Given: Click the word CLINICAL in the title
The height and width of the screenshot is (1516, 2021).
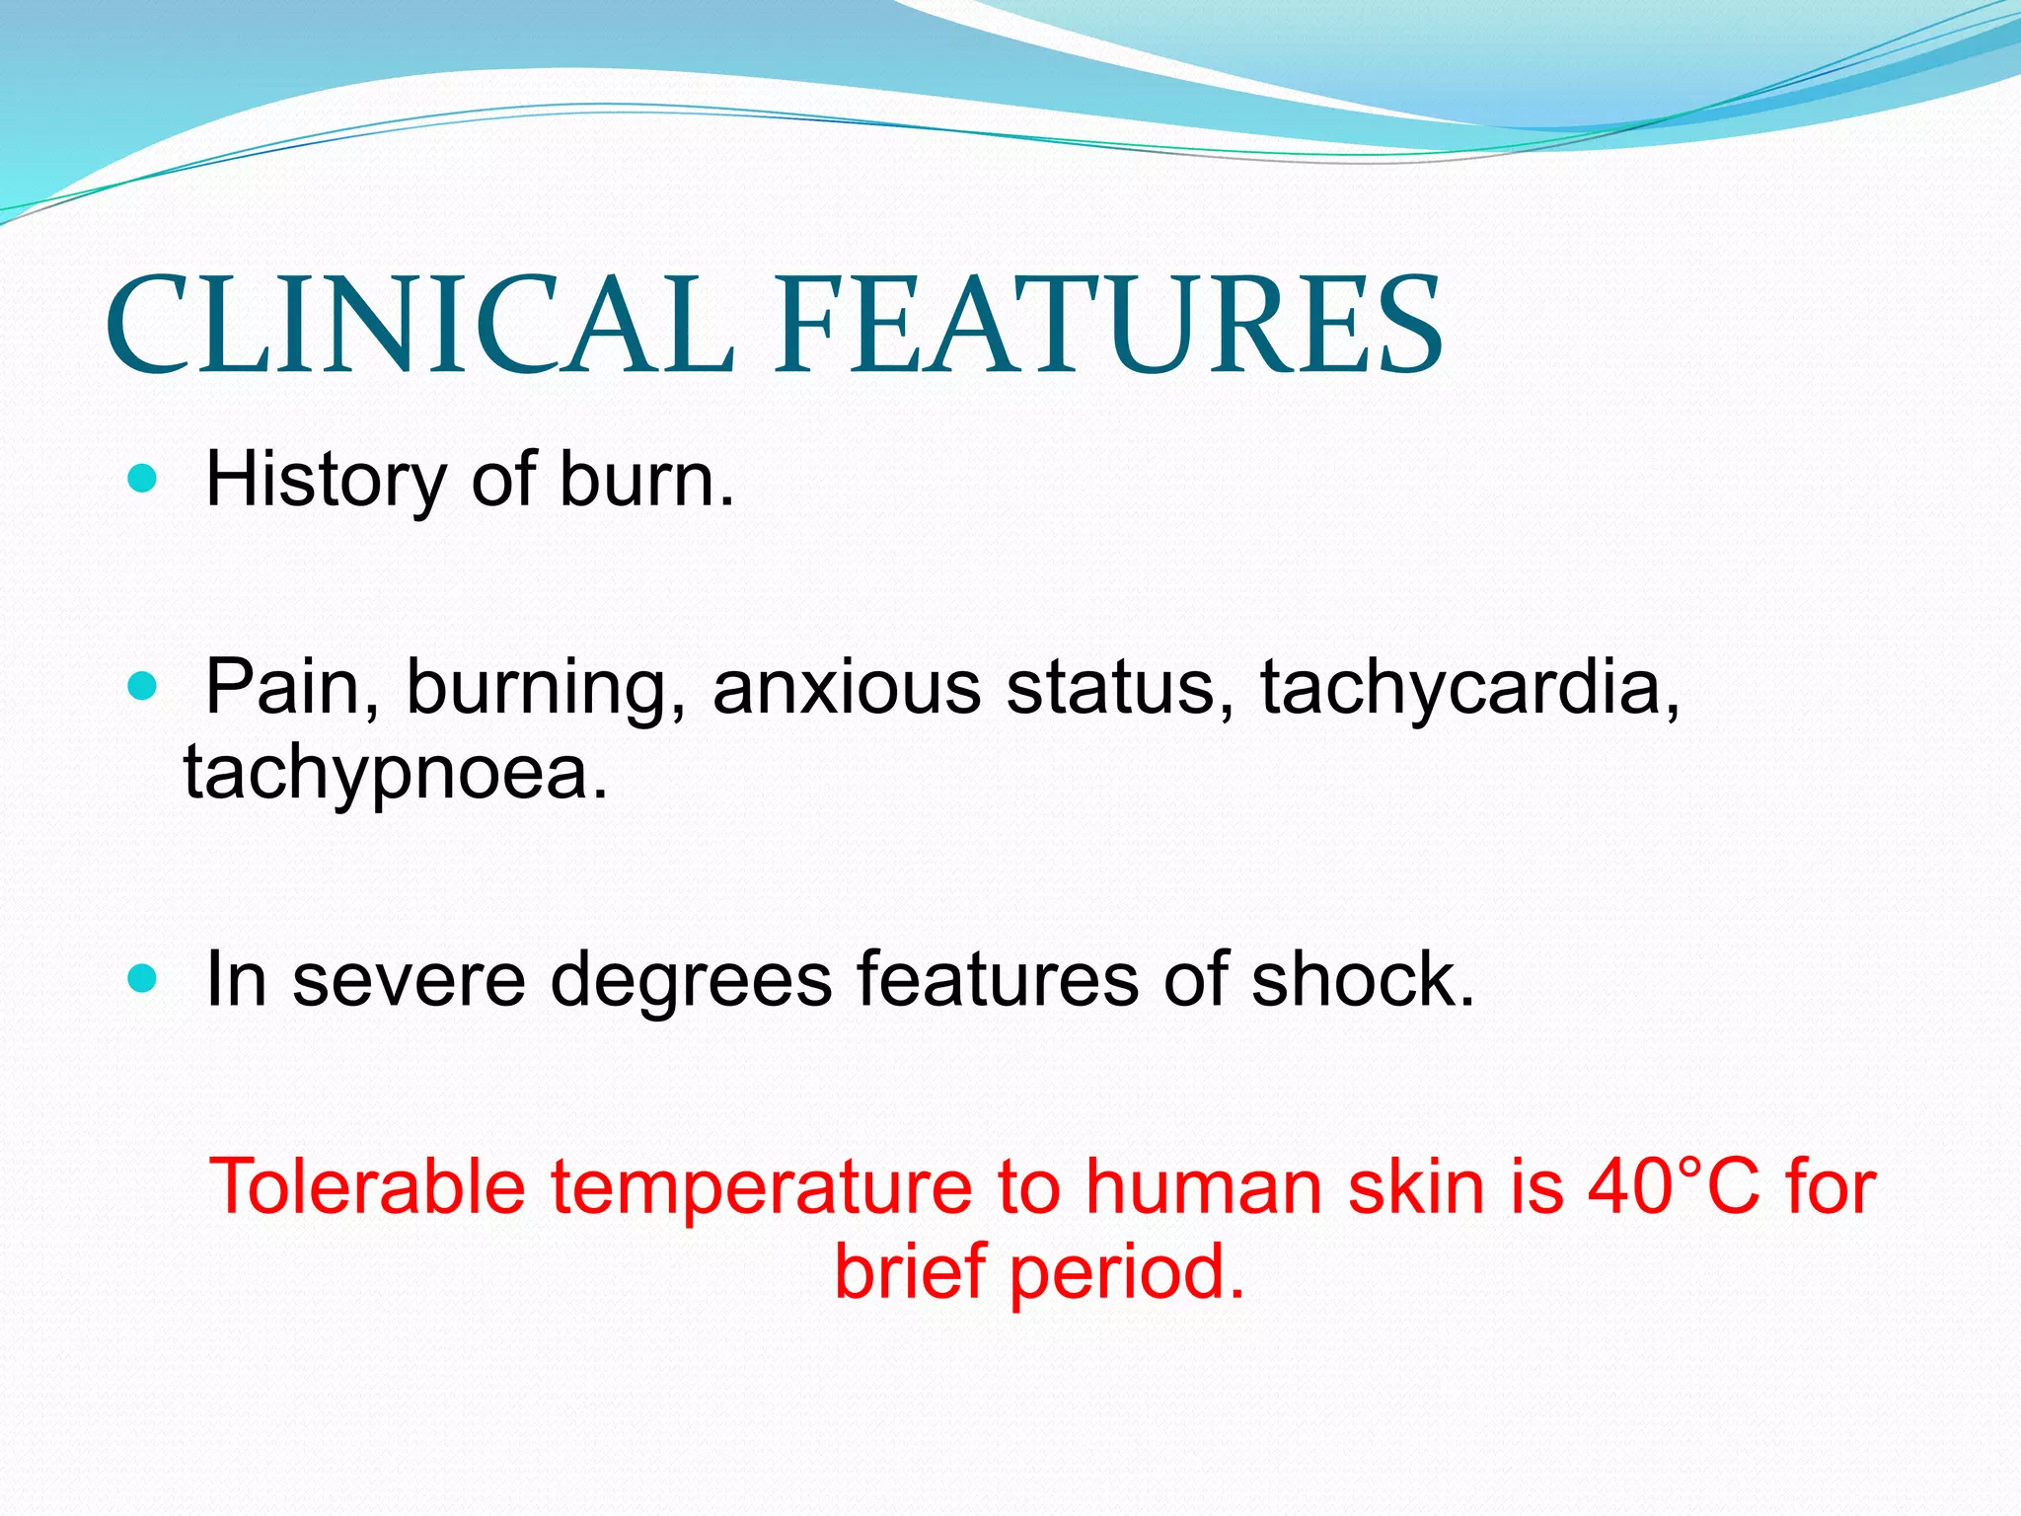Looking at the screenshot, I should [419, 326].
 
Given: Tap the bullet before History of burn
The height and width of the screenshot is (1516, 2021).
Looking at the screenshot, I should [143, 480].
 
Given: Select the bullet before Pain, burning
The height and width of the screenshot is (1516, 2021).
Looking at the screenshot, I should [143, 686].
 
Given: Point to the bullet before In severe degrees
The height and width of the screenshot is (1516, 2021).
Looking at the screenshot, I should [143, 979].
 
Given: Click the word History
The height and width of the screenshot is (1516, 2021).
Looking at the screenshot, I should [326, 481].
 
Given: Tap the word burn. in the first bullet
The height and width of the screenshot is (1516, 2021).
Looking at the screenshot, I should [647, 481].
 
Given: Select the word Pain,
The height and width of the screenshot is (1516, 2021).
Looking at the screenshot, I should [292, 688].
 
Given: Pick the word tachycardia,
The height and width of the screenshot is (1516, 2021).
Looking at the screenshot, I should [1470, 688].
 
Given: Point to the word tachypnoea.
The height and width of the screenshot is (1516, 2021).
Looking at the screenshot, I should [396, 773].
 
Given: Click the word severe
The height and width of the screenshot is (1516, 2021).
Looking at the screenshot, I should [409, 980].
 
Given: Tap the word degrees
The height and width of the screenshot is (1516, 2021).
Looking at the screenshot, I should [691, 980].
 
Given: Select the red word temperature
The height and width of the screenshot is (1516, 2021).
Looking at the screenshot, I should [761, 1189].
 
